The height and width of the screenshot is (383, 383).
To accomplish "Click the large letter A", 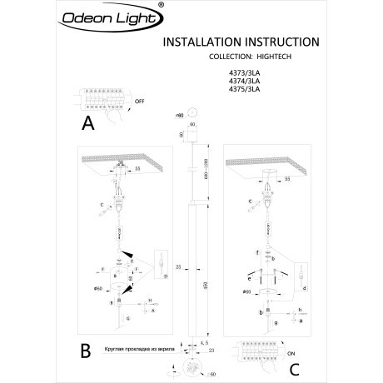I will [x=88, y=125].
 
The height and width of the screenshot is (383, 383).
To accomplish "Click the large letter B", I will [x=86, y=351].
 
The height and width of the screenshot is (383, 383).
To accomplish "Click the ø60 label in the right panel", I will [x=247, y=292].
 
